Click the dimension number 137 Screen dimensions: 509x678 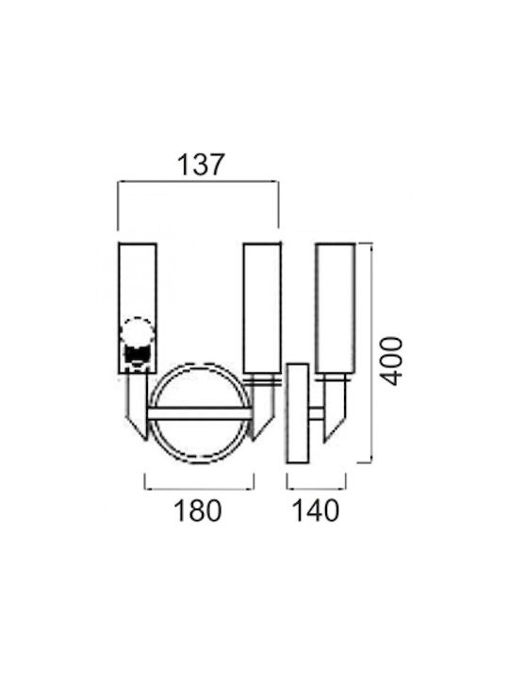click(x=202, y=164)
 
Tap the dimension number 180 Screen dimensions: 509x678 click(x=198, y=510)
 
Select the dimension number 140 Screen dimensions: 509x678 click(x=316, y=510)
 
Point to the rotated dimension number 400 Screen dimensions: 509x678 click(x=391, y=361)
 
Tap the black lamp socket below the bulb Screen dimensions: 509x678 click(x=137, y=355)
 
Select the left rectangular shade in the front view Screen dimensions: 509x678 click(x=138, y=308)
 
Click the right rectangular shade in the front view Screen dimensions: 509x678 click(x=262, y=308)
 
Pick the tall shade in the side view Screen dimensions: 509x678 click(x=336, y=308)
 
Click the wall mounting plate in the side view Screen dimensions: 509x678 click(x=298, y=413)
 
